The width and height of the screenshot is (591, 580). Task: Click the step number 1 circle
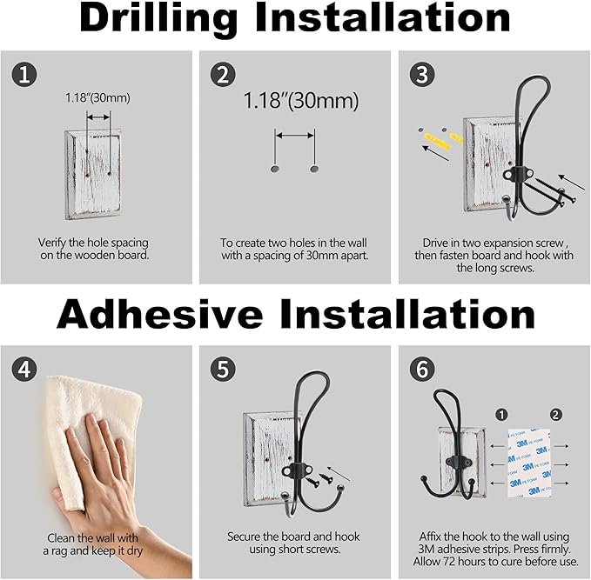(24, 75)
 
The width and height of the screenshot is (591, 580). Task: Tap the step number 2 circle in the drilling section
(223, 75)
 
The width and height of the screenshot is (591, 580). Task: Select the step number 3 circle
(422, 75)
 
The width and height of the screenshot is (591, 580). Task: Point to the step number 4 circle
(24, 369)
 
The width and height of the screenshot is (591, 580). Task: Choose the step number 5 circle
(223, 369)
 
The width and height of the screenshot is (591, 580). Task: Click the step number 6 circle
(422, 369)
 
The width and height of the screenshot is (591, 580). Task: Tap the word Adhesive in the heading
(159, 314)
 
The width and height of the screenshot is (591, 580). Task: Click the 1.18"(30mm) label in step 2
(301, 101)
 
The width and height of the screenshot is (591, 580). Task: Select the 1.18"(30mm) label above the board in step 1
(97, 98)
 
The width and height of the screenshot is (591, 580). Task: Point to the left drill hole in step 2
(275, 169)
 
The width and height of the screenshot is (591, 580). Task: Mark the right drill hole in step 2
(314, 169)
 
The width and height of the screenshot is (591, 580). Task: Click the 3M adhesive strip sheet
(529, 462)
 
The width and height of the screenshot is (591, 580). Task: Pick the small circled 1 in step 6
(501, 415)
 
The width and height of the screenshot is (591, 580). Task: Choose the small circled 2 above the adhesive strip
(555, 415)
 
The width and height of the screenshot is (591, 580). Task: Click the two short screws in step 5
(319, 479)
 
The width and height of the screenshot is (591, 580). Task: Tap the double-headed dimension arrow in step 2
(295, 136)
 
